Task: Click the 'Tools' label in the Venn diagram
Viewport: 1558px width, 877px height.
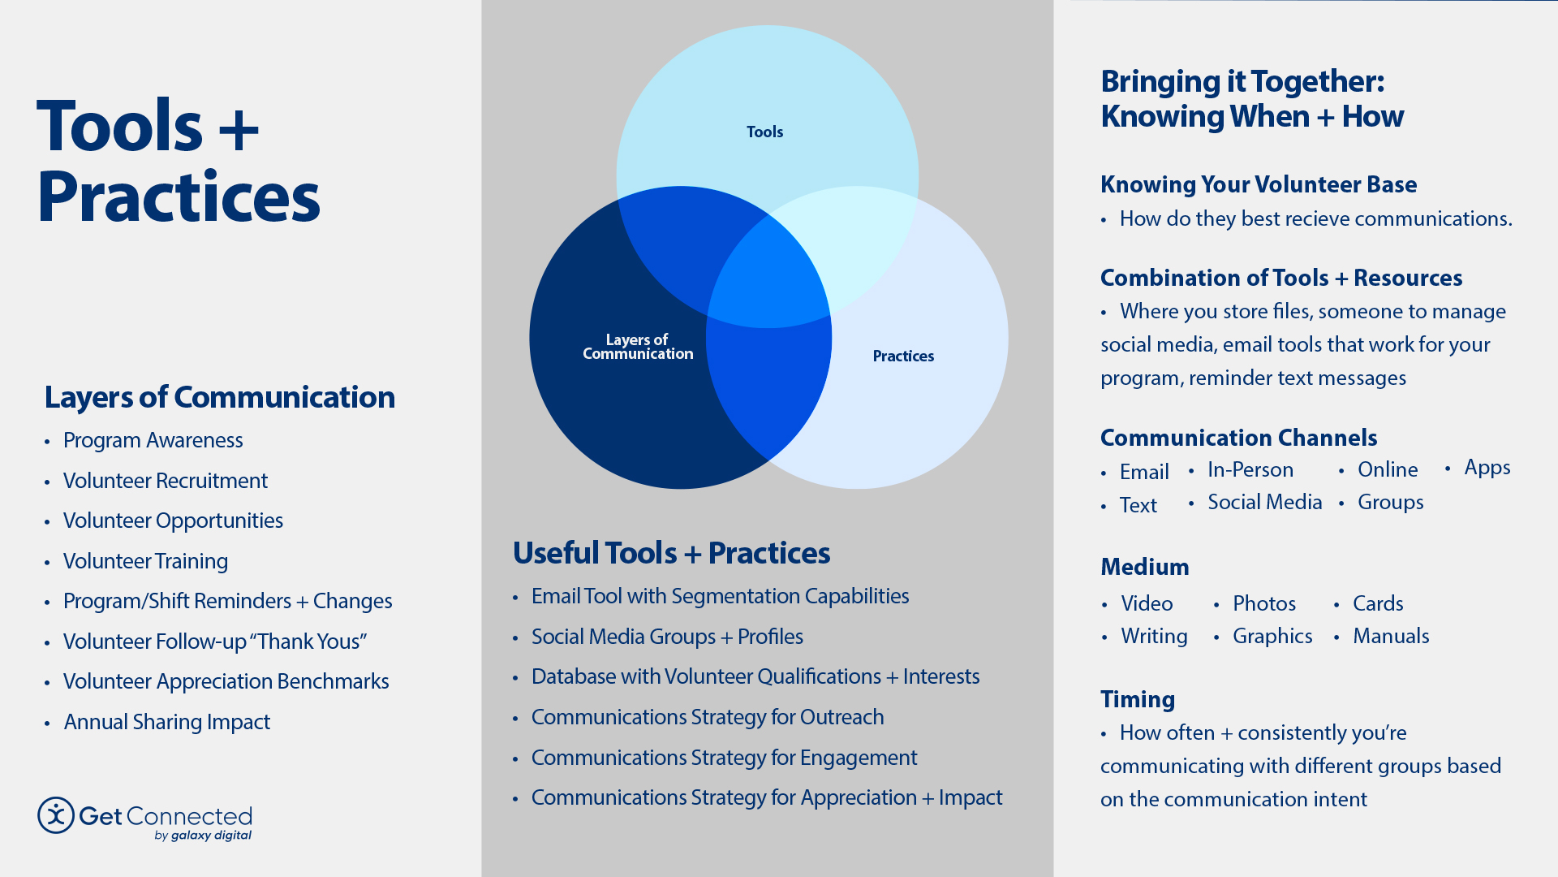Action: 764,132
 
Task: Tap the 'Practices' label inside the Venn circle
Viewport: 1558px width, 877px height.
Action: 903,356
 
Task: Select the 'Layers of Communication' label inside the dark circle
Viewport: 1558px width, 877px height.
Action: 638,347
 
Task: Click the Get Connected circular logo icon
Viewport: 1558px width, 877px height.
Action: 56,815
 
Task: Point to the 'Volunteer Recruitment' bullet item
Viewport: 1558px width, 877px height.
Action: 165,481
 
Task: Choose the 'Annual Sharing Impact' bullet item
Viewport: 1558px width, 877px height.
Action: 166,722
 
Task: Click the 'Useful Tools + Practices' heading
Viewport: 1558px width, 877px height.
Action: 671,553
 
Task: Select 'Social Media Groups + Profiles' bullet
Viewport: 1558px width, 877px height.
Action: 667,637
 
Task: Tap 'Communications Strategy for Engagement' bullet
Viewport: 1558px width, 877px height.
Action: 724,758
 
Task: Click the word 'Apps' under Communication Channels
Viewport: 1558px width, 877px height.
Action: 1487,468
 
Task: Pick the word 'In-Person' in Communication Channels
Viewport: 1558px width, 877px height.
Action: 1250,469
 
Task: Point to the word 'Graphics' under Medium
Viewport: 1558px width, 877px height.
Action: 1272,636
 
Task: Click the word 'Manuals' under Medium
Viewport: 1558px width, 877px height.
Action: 1391,636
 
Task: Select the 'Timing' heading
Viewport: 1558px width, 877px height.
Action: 1137,699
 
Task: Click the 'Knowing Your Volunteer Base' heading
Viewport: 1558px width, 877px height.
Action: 1258,184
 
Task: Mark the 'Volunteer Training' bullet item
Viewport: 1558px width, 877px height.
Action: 145,561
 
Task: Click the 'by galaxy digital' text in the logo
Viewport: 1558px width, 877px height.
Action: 203,835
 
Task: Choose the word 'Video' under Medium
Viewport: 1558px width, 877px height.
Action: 1147,603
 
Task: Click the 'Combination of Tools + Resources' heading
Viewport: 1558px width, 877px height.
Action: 1280,278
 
